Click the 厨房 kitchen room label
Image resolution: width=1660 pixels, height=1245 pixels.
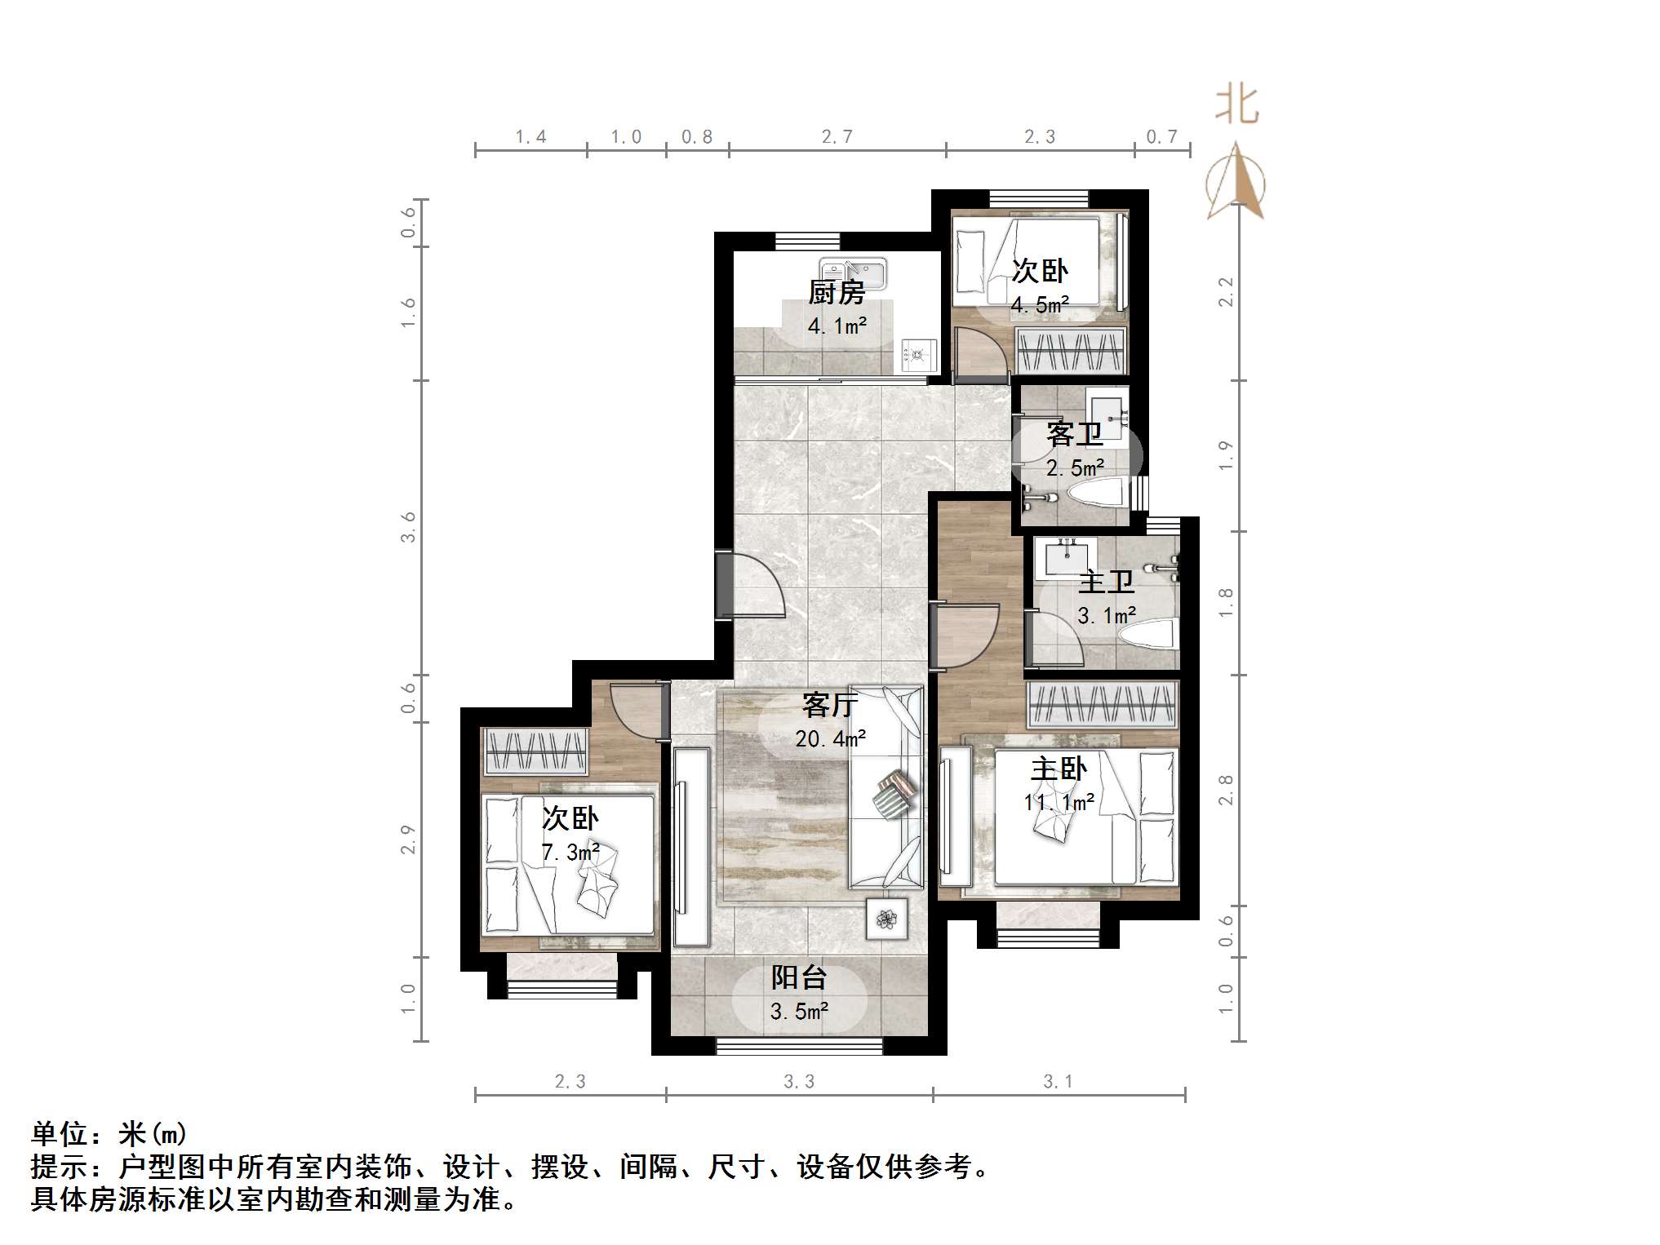click(836, 292)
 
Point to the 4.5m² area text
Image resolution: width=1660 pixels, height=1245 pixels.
click(1040, 305)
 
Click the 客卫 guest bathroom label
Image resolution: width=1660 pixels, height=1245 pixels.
click(1074, 434)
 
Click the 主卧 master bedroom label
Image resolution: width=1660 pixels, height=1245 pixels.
click(1059, 769)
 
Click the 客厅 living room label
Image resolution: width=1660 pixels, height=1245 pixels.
click(829, 705)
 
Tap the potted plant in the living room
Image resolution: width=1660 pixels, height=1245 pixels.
click(886, 919)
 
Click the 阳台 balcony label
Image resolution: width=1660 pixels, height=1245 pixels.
click(799, 977)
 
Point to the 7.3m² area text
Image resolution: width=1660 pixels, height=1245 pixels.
click(570, 853)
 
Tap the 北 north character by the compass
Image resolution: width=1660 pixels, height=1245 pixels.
click(1236, 107)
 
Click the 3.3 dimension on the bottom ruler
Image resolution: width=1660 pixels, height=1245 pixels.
click(799, 1082)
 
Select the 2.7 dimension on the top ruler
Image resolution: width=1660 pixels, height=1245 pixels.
click(837, 137)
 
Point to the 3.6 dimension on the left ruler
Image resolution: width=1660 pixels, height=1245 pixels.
click(408, 527)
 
